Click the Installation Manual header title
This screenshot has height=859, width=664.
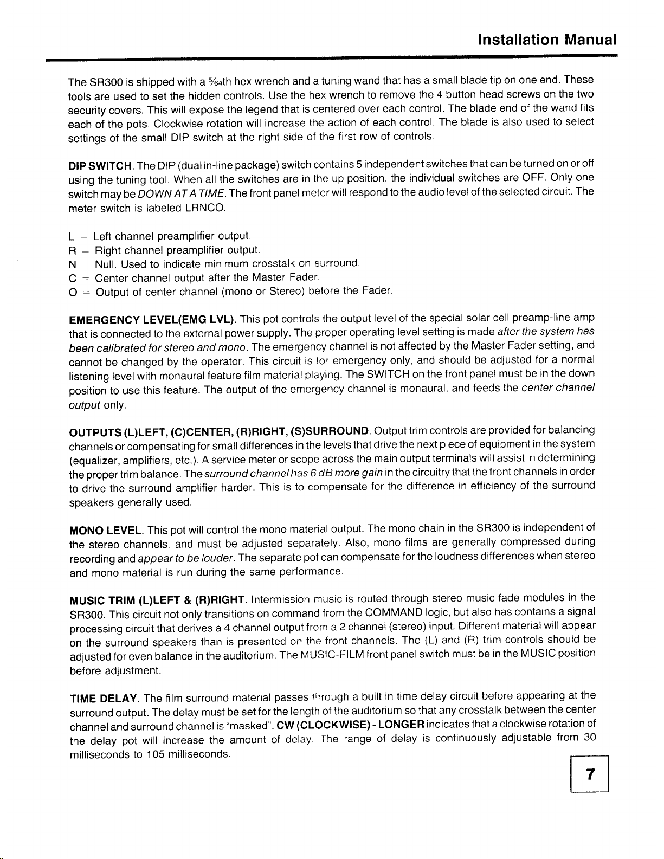pos(547,40)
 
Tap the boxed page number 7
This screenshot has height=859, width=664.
pos(590,775)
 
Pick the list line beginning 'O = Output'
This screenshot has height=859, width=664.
pos(231,293)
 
